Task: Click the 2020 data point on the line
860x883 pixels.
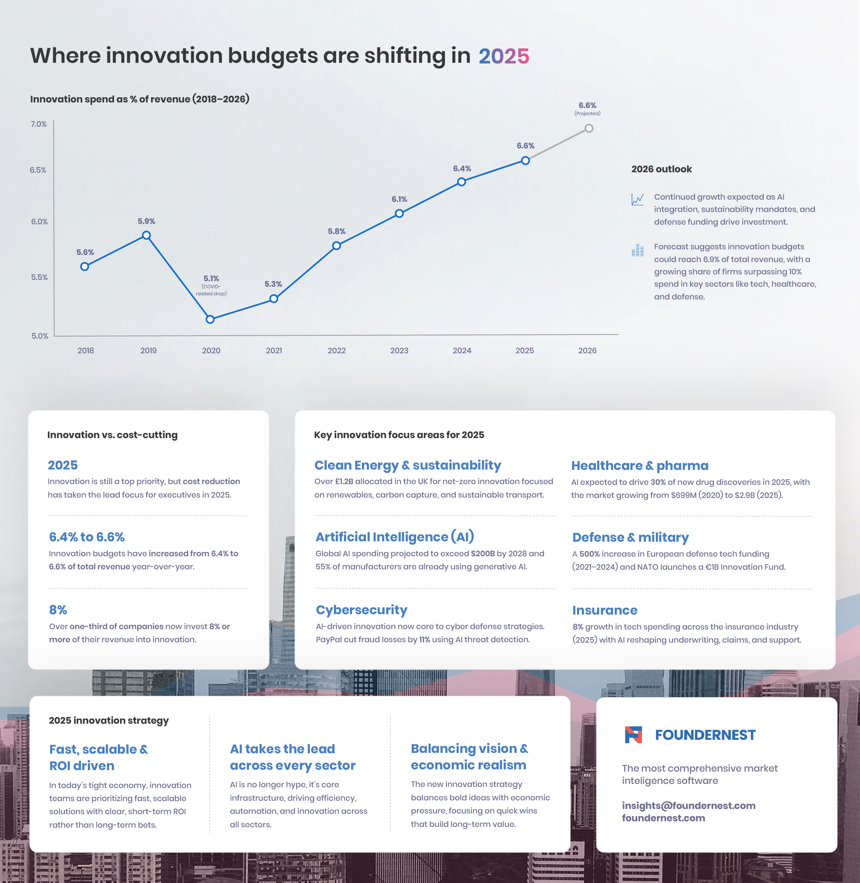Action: [x=210, y=319]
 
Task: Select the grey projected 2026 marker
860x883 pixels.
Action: [x=589, y=128]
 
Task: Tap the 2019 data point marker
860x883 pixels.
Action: [x=146, y=235]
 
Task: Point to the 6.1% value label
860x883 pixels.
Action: [x=399, y=199]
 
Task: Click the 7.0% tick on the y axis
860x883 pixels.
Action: [x=39, y=124]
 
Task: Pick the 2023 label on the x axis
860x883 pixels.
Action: [x=399, y=351]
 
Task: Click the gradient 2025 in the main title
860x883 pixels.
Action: [x=504, y=56]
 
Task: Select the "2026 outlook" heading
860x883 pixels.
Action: [x=661, y=169]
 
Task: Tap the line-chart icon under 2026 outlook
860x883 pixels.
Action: [x=637, y=199]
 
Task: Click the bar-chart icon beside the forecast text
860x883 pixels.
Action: [x=637, y=250]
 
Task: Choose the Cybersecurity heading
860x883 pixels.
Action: [x=361, y=610]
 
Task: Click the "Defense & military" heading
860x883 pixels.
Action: [x=630, y=537]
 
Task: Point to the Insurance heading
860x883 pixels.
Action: [x=605, y=610]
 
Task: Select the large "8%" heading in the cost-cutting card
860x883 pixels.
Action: [x=58, y=610]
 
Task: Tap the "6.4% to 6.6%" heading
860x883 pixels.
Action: [x=87, y=537]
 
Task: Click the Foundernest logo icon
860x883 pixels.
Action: [x=633, y=735]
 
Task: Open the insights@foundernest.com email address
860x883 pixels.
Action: [x=688, y=805]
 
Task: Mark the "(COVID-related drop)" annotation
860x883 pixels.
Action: [x=211, y=290]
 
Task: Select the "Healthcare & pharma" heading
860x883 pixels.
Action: [x=640, y=466]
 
